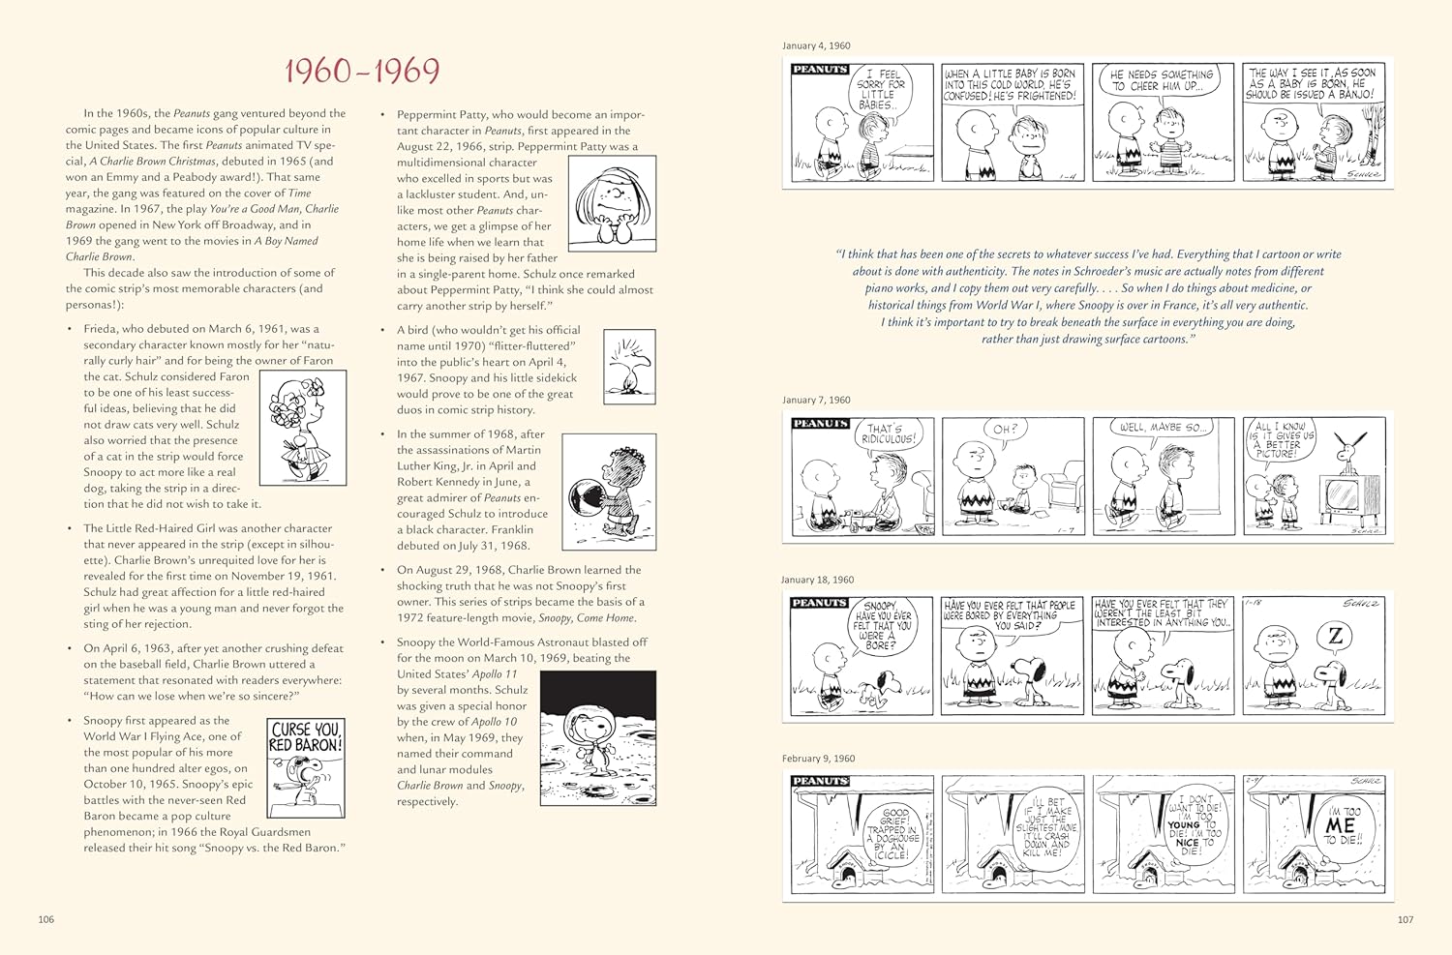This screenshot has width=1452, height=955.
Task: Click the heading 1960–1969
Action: tap(362, 71)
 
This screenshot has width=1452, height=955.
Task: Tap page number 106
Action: tap(46, 919)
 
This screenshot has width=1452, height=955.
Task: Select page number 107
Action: tap(1405, 919)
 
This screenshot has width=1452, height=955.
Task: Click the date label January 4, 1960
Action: tap(816, 45)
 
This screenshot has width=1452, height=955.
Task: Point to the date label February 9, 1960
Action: tap(818, 759)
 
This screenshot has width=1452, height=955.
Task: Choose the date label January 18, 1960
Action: tap(818, 580)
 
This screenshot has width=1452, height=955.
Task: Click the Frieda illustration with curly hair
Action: tap(303, 428)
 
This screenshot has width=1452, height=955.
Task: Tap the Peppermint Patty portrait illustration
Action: tap(612, 203)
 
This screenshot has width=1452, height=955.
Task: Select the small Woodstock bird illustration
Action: tap(629, 366)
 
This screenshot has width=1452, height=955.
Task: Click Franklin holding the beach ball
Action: tap(609, 491)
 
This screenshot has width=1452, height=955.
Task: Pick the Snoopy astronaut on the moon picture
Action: tap(597, 737)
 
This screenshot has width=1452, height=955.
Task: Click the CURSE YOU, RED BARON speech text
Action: tap(305, 737)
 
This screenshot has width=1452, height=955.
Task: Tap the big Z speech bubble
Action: tap(1336, 636)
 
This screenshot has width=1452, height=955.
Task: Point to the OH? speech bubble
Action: tap(1006, 430)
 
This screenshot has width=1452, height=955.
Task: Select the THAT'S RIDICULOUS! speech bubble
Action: tap(890, 434)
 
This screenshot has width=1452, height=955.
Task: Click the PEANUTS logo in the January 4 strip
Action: tap(820, 70)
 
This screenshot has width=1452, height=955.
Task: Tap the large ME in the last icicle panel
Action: tap(1341, 825)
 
